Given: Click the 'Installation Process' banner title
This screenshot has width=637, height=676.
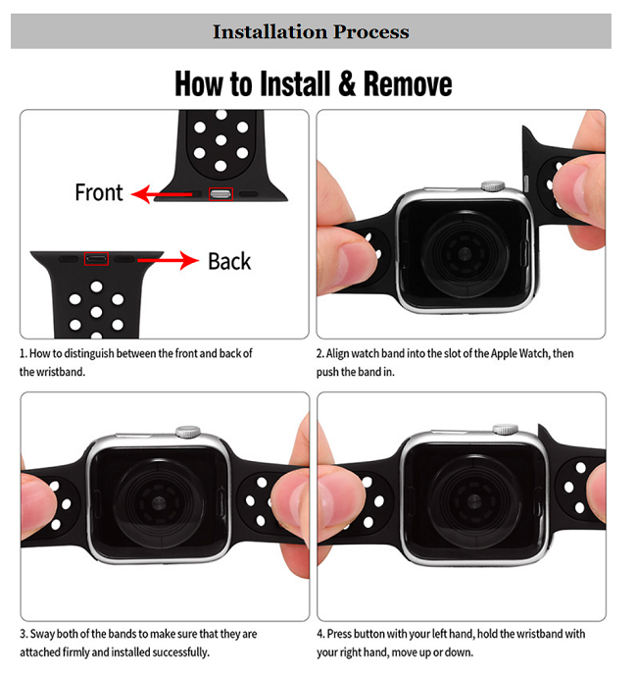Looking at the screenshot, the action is pos(311,31).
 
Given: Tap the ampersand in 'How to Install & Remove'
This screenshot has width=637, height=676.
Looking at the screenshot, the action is pos(347,83).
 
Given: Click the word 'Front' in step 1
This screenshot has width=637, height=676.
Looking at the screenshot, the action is pos(99,192).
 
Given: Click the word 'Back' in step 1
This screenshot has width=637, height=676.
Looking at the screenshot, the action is pos(229,261).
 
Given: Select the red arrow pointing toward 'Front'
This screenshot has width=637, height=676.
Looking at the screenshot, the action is pos(162,194).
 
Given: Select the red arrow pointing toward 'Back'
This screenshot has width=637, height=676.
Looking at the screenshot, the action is pos(168,260).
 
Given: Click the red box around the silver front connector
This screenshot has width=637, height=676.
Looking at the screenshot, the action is pos(220,194).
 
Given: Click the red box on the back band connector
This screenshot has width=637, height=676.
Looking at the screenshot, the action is pos(96,259).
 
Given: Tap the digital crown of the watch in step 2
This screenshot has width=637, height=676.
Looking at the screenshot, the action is pos(493,186).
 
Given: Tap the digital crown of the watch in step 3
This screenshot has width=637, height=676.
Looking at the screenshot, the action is pos(188,431).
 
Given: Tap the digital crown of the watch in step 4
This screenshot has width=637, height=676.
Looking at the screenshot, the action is pos(506,429).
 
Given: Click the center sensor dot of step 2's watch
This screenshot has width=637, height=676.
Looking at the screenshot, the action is pos(464,253).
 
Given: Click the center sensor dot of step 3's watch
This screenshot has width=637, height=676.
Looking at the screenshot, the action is pos(159,502).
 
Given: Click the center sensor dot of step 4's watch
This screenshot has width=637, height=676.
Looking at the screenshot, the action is pos(473,501).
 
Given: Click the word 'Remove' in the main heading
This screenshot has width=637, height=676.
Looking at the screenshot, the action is pos(408,83).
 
